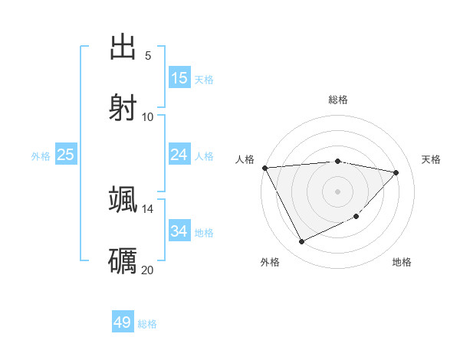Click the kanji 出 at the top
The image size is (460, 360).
click(123, 47)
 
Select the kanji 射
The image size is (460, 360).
click(123, 106)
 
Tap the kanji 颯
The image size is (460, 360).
click(123, 199)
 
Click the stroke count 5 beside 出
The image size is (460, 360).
click(148, 56)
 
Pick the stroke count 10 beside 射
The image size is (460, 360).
click(148, 116)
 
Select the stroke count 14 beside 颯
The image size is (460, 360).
click(148, 208)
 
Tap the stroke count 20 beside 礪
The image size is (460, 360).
click(148, 269)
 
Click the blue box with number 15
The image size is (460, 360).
click(179, 78)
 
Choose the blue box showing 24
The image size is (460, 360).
click(179, 155)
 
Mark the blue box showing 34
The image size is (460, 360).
click(179, 231)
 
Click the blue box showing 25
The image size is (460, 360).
click(66, 155)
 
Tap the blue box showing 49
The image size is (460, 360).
click(123, 322)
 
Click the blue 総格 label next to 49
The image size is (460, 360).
click(147, 324)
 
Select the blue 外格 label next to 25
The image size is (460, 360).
click(41, 156)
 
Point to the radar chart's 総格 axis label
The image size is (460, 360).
click(338, 100)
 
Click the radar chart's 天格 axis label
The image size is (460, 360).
click(432, 159)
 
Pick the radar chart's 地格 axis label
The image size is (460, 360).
click(402, 263)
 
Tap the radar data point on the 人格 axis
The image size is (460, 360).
click(264, 168)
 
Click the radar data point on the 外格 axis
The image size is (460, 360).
click(301, 242)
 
